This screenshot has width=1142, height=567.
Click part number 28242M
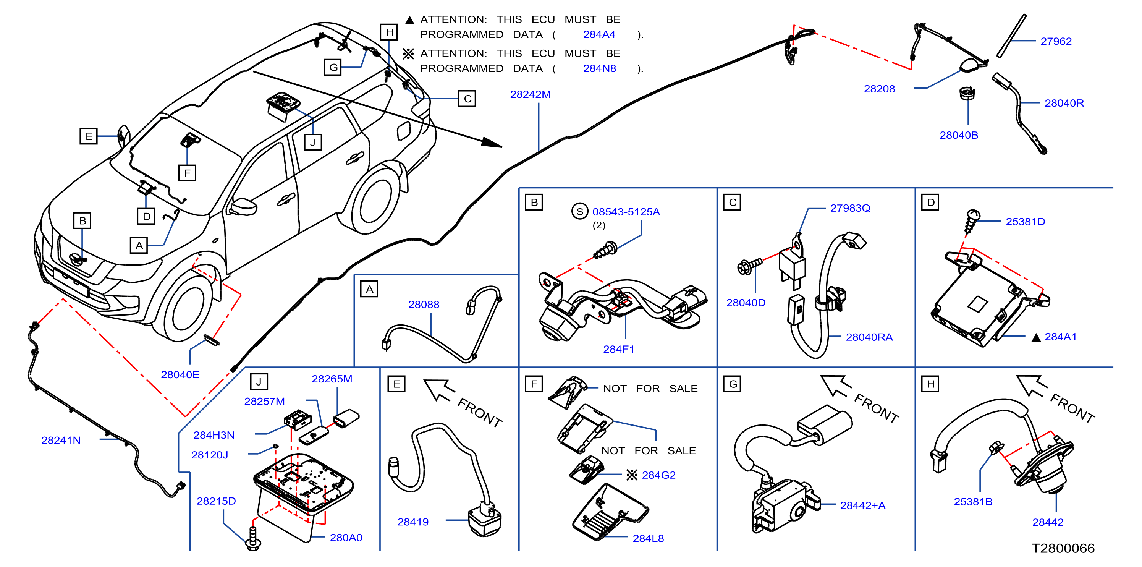coord(530,94)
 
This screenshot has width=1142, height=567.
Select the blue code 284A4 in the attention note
coord(599,35)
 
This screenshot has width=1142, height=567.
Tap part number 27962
coord(1056,41)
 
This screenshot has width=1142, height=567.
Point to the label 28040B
coord(958,135)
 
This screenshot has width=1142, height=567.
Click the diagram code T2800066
coord(1063,548)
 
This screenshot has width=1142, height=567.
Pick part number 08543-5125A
coord(626,212)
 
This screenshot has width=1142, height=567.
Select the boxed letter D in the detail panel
coord(930,202)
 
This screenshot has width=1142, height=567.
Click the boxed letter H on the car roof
coord(389,32)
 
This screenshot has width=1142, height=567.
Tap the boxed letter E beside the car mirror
coord(89,136)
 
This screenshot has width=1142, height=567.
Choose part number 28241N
coord(61,440)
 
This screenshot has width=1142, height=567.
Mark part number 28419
coord(413,522)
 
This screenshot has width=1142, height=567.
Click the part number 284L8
coord(648,538)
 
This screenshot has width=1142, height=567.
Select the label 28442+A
coord(863,505)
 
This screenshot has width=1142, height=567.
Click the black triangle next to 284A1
coord(1036,338)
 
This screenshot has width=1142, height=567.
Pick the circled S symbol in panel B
coord(580,211)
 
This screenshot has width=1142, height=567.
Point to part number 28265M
coord(332,379)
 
